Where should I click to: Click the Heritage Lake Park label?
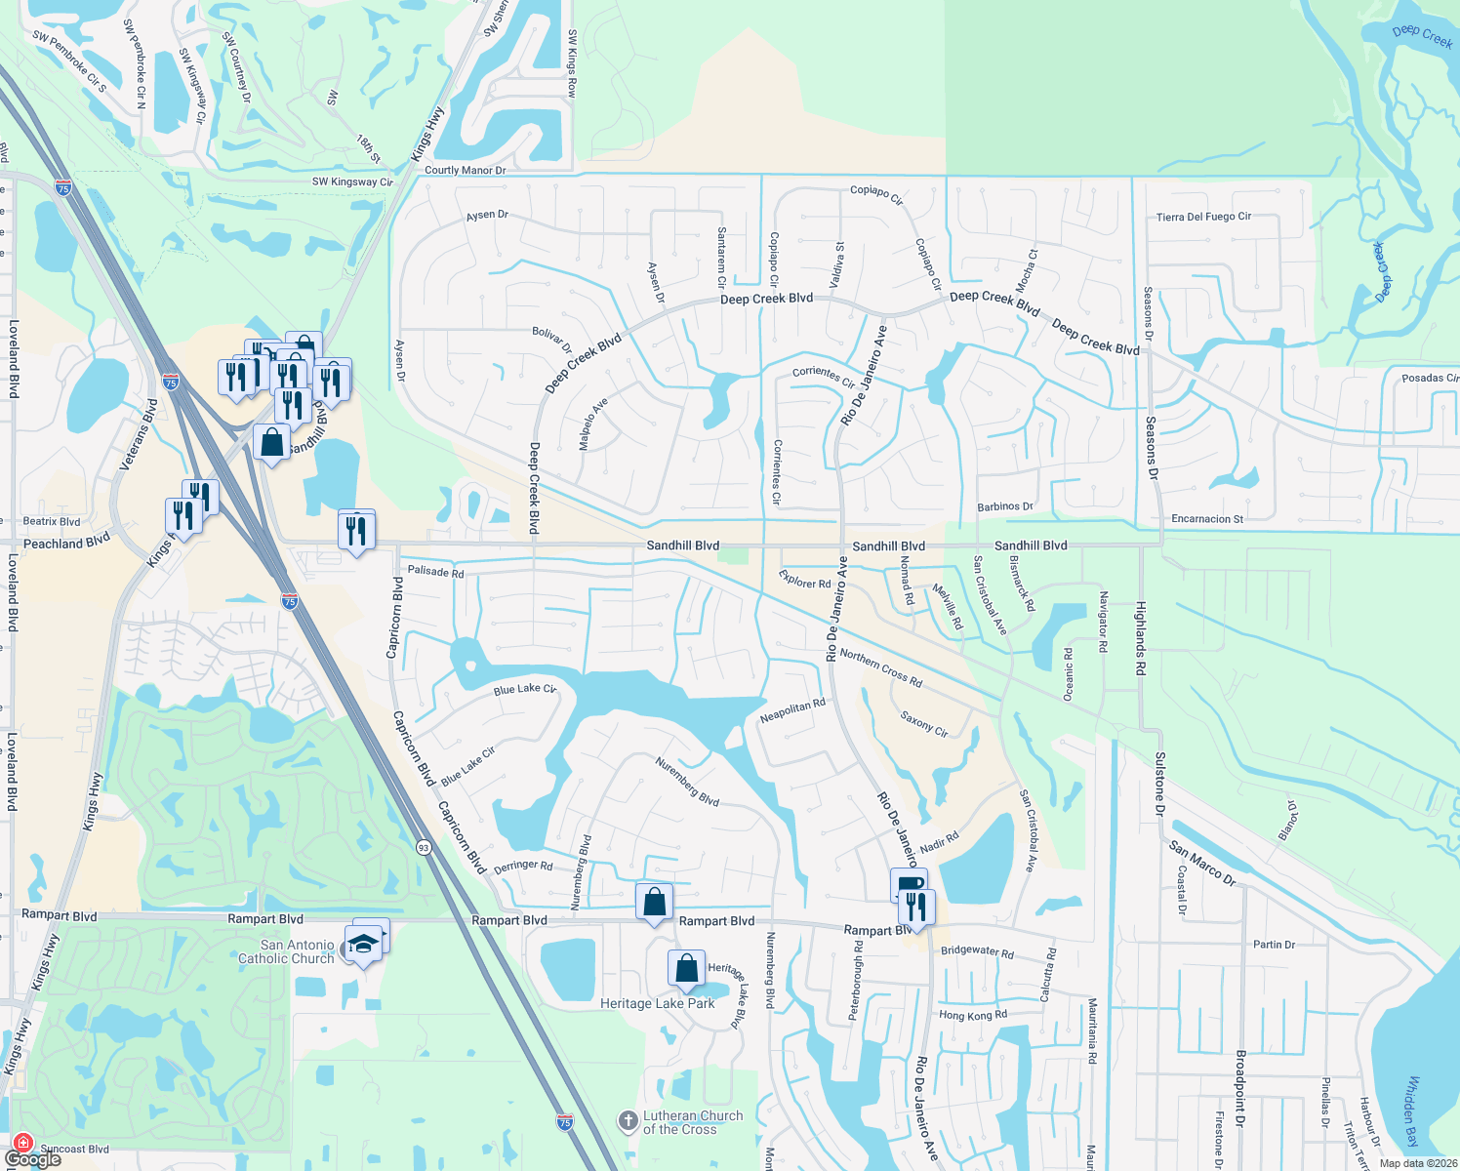click(x=657, y=1003)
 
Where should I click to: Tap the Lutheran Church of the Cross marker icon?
click(x=629, y=1121)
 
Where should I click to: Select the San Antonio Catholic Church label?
click(x=285, y=951)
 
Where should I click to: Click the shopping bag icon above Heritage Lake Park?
click(x=686, y=969)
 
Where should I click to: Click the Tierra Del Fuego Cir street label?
click(x=1203, y=217)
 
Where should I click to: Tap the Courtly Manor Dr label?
click(x=465, y=170)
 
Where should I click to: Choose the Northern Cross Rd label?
click(x=880, y=666)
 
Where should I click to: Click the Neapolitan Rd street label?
click(x=792, y=711)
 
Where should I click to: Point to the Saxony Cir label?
click(x=923, y=723)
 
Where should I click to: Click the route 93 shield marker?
click(x=423, y=847)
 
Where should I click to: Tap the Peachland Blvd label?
click(x=66, y=543)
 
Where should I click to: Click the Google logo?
click(x=33, y=1159)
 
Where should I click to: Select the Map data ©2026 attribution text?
click(x=1416, y=1163)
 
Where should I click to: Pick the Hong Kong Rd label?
click(x=972, y=1015)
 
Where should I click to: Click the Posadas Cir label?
click(x=1430, y=378)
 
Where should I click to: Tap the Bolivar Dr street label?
click(x=551, y=341)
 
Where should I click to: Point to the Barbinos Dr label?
click(x=1004, y=506)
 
